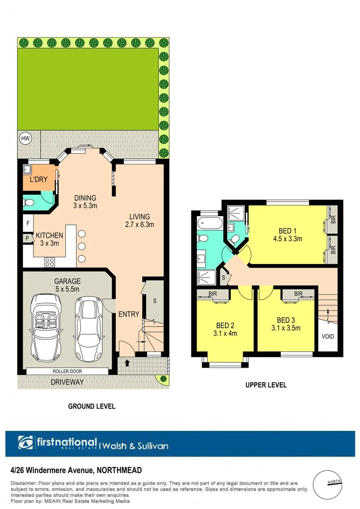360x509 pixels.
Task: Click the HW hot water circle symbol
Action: coord(25,139)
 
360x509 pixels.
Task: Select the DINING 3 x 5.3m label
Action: coord(85,202)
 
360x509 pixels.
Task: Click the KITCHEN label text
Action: coord(49,235)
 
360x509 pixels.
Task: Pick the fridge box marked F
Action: coord(28,223)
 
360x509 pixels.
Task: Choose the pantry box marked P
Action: coord(28,239)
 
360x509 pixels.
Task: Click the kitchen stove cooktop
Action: coord(49,262)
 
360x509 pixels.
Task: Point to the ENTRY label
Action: coord(128,314)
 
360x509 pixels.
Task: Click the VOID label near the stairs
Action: coord(327,337)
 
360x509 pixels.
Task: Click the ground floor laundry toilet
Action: coord(29,203)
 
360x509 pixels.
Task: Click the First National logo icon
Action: coord(25,443)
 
